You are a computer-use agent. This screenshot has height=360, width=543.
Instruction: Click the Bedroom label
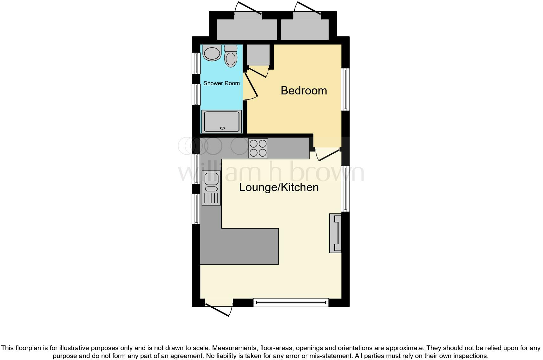click(x=304, y=91)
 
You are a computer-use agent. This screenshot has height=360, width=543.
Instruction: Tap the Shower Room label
click(x=221, y=83)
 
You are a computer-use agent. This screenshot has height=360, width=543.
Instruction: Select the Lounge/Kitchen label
click(x=278, y=187)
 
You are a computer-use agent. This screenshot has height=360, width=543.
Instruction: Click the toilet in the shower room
click(x=231, y=56)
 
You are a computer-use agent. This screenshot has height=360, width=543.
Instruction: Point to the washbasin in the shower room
click(x=212, y=53)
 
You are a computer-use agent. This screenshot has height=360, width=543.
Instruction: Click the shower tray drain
click(x=222, y=128)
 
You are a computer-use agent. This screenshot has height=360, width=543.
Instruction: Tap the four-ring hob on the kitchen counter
click(x=258, y=148)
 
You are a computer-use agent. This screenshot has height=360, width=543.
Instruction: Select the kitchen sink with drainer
click(x=211, y=188)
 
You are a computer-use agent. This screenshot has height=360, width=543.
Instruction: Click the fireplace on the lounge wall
click(x=335, y=233)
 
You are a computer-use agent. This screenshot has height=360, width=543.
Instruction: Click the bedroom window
click(x=345, y=89)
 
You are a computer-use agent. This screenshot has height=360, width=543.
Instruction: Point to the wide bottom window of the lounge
click(x=291, y=303)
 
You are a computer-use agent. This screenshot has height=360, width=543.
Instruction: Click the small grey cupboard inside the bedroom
click(x=258, y=55)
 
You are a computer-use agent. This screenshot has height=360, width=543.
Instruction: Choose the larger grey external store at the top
click(x=247, y=29)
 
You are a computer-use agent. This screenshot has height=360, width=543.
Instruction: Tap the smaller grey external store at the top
click(x=305, y=29)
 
